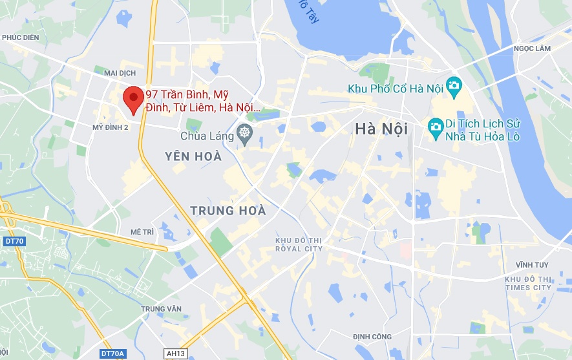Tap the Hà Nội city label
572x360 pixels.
tap(381, 129)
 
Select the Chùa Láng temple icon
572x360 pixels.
tap(244, 135)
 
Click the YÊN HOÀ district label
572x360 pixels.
tap(193, 156)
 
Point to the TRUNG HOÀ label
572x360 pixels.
tap(228, 211)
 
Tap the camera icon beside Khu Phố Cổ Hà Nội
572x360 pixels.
tap(454, 85)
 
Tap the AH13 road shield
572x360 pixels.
tap(175, 354)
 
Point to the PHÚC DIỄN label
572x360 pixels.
tap(21, 37)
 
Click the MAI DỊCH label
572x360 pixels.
tap(109, 72)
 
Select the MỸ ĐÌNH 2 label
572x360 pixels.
tap(111, 127)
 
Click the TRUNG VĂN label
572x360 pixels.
tap(162, 309)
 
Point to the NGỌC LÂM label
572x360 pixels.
tap(531, 48)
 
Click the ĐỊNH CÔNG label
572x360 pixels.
tap(372, 337)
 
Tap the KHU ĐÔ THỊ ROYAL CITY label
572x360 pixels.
tap(299, 244)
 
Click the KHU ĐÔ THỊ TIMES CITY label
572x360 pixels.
tap(529, 283)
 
